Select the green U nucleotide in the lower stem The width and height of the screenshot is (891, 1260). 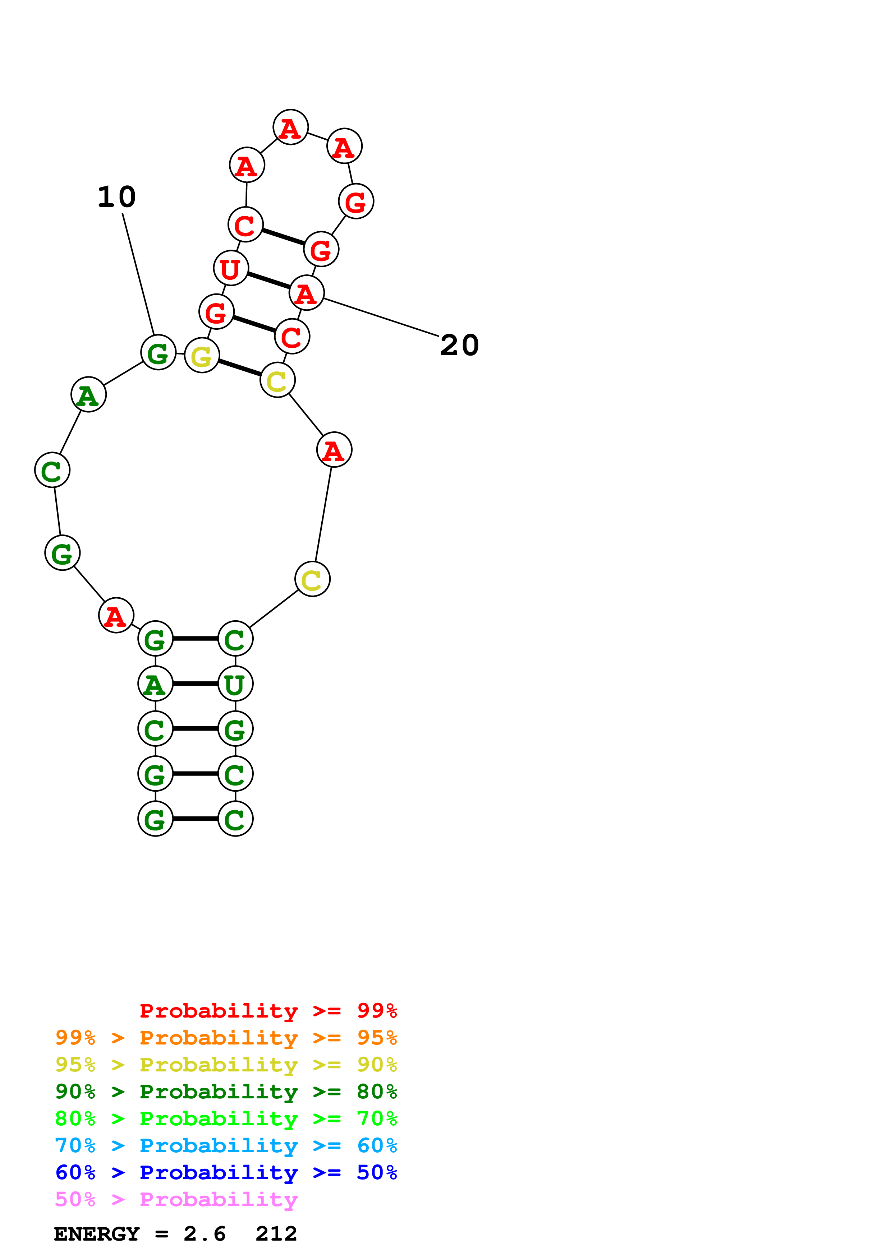[x=235, y=684]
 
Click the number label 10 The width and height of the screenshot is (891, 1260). [x=116, y=197]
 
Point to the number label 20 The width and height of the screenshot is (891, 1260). [x=459, y=345]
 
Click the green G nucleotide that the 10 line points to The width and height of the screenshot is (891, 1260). [x=158, y=352]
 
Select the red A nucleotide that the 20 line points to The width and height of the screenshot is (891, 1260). [x=306, y=293]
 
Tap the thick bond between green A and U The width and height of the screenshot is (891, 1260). [x=196, y=684]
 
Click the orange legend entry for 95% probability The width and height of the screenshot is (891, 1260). [x=226, y=1038]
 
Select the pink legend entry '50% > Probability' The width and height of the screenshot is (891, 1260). [x=176, y=1199]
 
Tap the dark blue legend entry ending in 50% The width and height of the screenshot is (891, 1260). [x=226, y=1172]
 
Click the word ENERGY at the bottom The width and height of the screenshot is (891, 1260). [x=97, y=1234]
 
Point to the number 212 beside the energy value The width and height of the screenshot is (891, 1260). [x=276, y=1234]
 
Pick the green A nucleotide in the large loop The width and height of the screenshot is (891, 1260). [x=88, y=395]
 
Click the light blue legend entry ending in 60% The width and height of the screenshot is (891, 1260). [x=226, y=1145]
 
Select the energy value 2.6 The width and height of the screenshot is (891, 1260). [x=204, y=1234]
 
